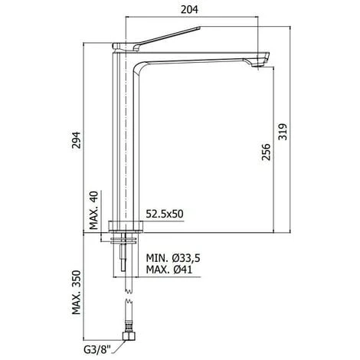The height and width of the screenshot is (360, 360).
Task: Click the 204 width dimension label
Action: [189, 9]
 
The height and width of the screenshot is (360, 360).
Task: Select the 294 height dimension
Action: [76, 140]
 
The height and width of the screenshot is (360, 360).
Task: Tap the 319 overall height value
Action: [283, 132]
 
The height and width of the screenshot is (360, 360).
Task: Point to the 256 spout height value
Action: [266, 152]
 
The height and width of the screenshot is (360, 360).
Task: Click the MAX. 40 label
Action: [93, 211]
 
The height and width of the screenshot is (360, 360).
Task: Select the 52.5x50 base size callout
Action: [165, 214]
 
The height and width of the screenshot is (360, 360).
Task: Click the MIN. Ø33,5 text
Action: [173, 258]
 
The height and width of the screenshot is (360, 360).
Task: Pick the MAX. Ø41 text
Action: [169, 269]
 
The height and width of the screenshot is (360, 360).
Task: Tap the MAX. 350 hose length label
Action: [76, 293]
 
